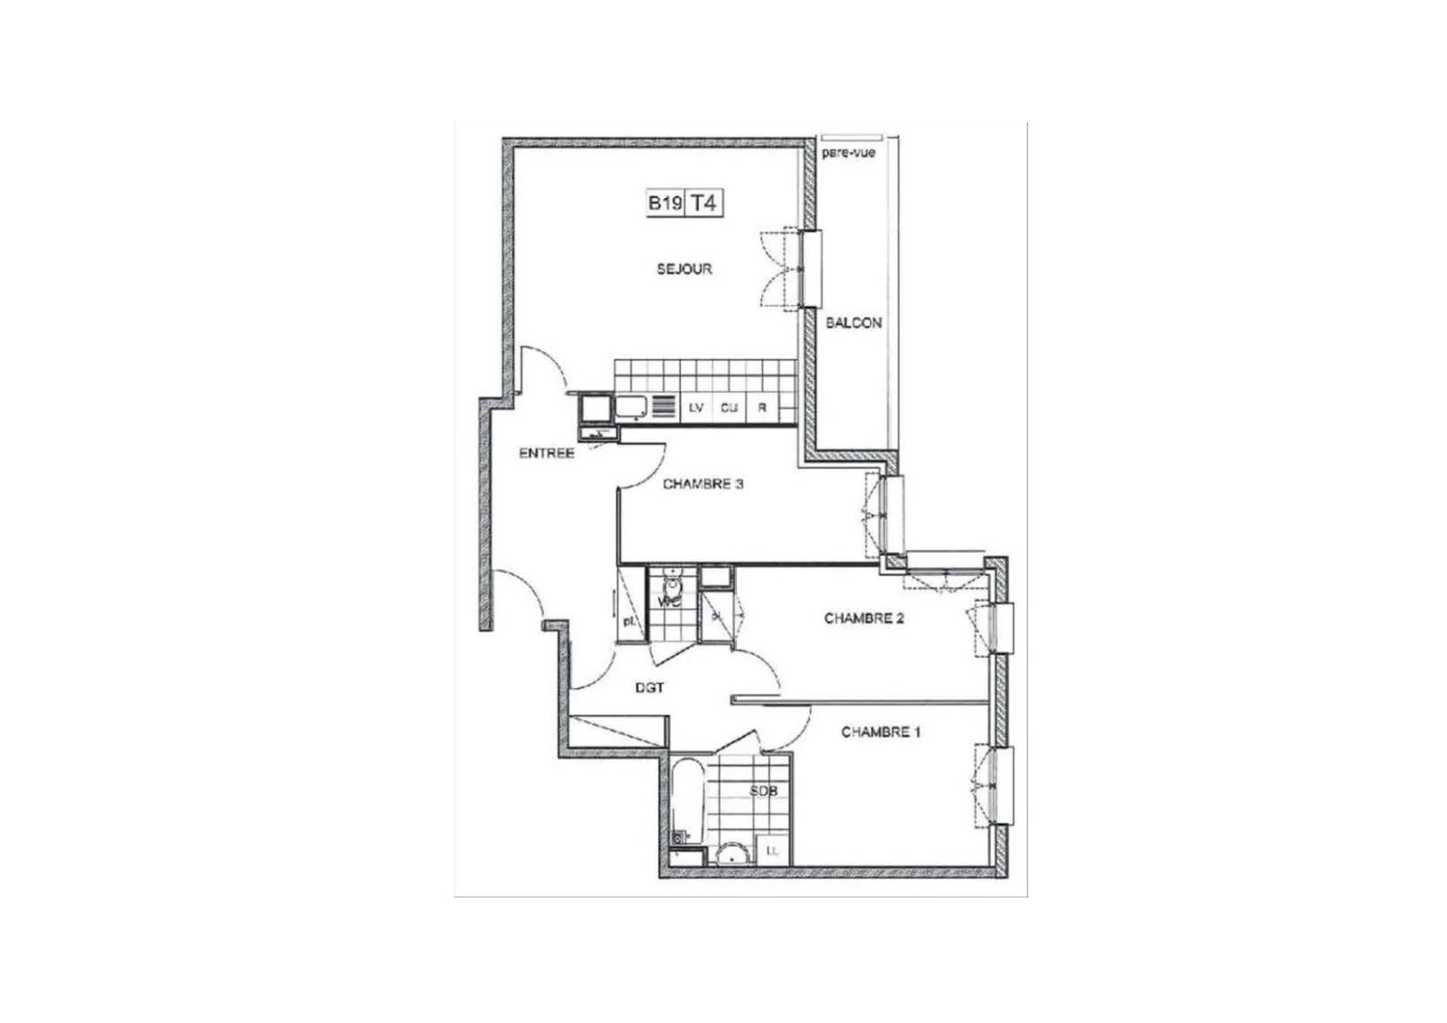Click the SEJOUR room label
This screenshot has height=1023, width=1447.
(684, 269)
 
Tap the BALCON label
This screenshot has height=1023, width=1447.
(852, 323)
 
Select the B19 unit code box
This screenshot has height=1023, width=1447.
(664, 203)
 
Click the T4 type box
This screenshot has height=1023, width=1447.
(703, 203)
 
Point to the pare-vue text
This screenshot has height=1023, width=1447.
(848, 153)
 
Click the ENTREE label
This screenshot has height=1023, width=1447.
(546, 454)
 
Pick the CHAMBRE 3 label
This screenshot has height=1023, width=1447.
(702, 484)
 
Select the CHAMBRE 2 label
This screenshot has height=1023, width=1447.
(863, 618)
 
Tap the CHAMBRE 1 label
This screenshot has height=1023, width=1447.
(881, 732)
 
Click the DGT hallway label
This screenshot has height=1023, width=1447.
(649, 688)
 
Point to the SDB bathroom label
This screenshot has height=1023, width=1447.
(763, 792)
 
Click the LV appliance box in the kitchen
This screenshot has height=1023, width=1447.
(696, 408)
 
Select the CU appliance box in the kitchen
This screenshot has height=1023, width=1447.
(729, 408)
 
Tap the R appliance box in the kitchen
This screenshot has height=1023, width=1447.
(761, 408)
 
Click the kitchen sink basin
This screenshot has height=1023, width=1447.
(632, 407)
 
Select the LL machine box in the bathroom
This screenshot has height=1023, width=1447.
(773, 851)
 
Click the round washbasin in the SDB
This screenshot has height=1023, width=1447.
(731, 853)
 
